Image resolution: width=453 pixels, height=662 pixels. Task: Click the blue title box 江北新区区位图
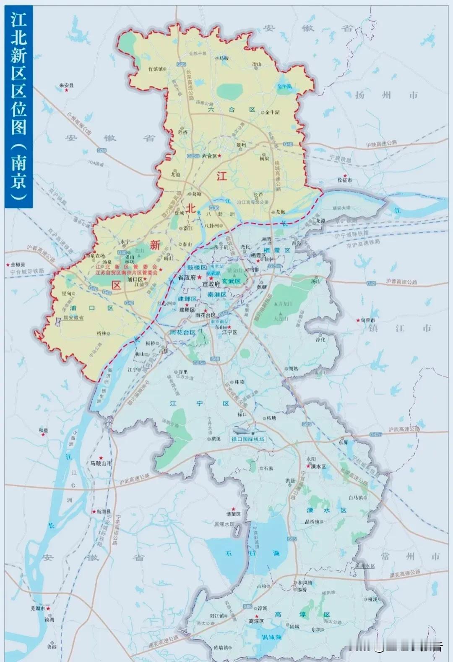pyautogui.click(x=19, y=107)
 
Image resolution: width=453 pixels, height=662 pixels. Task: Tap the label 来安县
pyautogui.click(x=66, y=86)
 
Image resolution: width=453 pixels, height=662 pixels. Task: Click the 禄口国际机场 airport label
pyautogui.click(x=248, y=439)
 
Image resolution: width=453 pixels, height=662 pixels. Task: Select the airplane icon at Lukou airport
pyautogui.click(x=242, y=431)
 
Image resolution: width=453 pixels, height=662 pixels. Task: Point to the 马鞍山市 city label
pyautogui.click(x=101, y=463)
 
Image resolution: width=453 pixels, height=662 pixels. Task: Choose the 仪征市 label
pyautogui.click(x=345, y=180)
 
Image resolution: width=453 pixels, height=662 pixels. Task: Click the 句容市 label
pyautogui.click(x=368, y=320)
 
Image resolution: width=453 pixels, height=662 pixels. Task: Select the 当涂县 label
pyautogui.click(x=103, y=512)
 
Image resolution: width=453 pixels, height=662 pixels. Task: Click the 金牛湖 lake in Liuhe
pyautogui.click(x=284, y=86)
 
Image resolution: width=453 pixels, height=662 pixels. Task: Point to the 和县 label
pyautogui.click(x=44, y=430)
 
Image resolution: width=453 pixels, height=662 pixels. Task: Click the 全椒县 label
pyautogui.click(x=18, y=265)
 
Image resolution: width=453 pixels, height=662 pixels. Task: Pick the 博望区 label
pyautogui.click(x=234, y=513)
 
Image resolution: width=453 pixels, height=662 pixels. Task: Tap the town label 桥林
pyautogui.click(x=102, y=333)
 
